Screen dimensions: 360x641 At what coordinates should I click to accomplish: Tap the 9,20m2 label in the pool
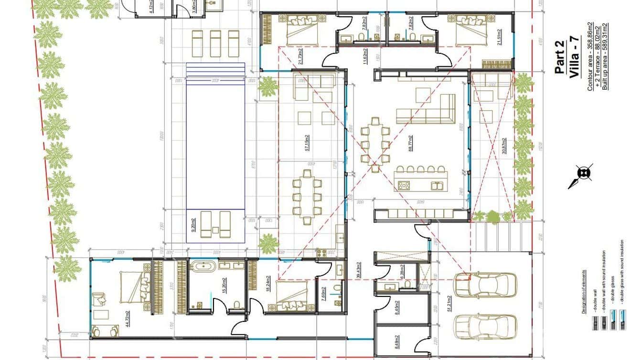pos(193,225)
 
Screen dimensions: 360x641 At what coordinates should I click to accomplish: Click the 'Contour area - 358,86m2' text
pos(590,56)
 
